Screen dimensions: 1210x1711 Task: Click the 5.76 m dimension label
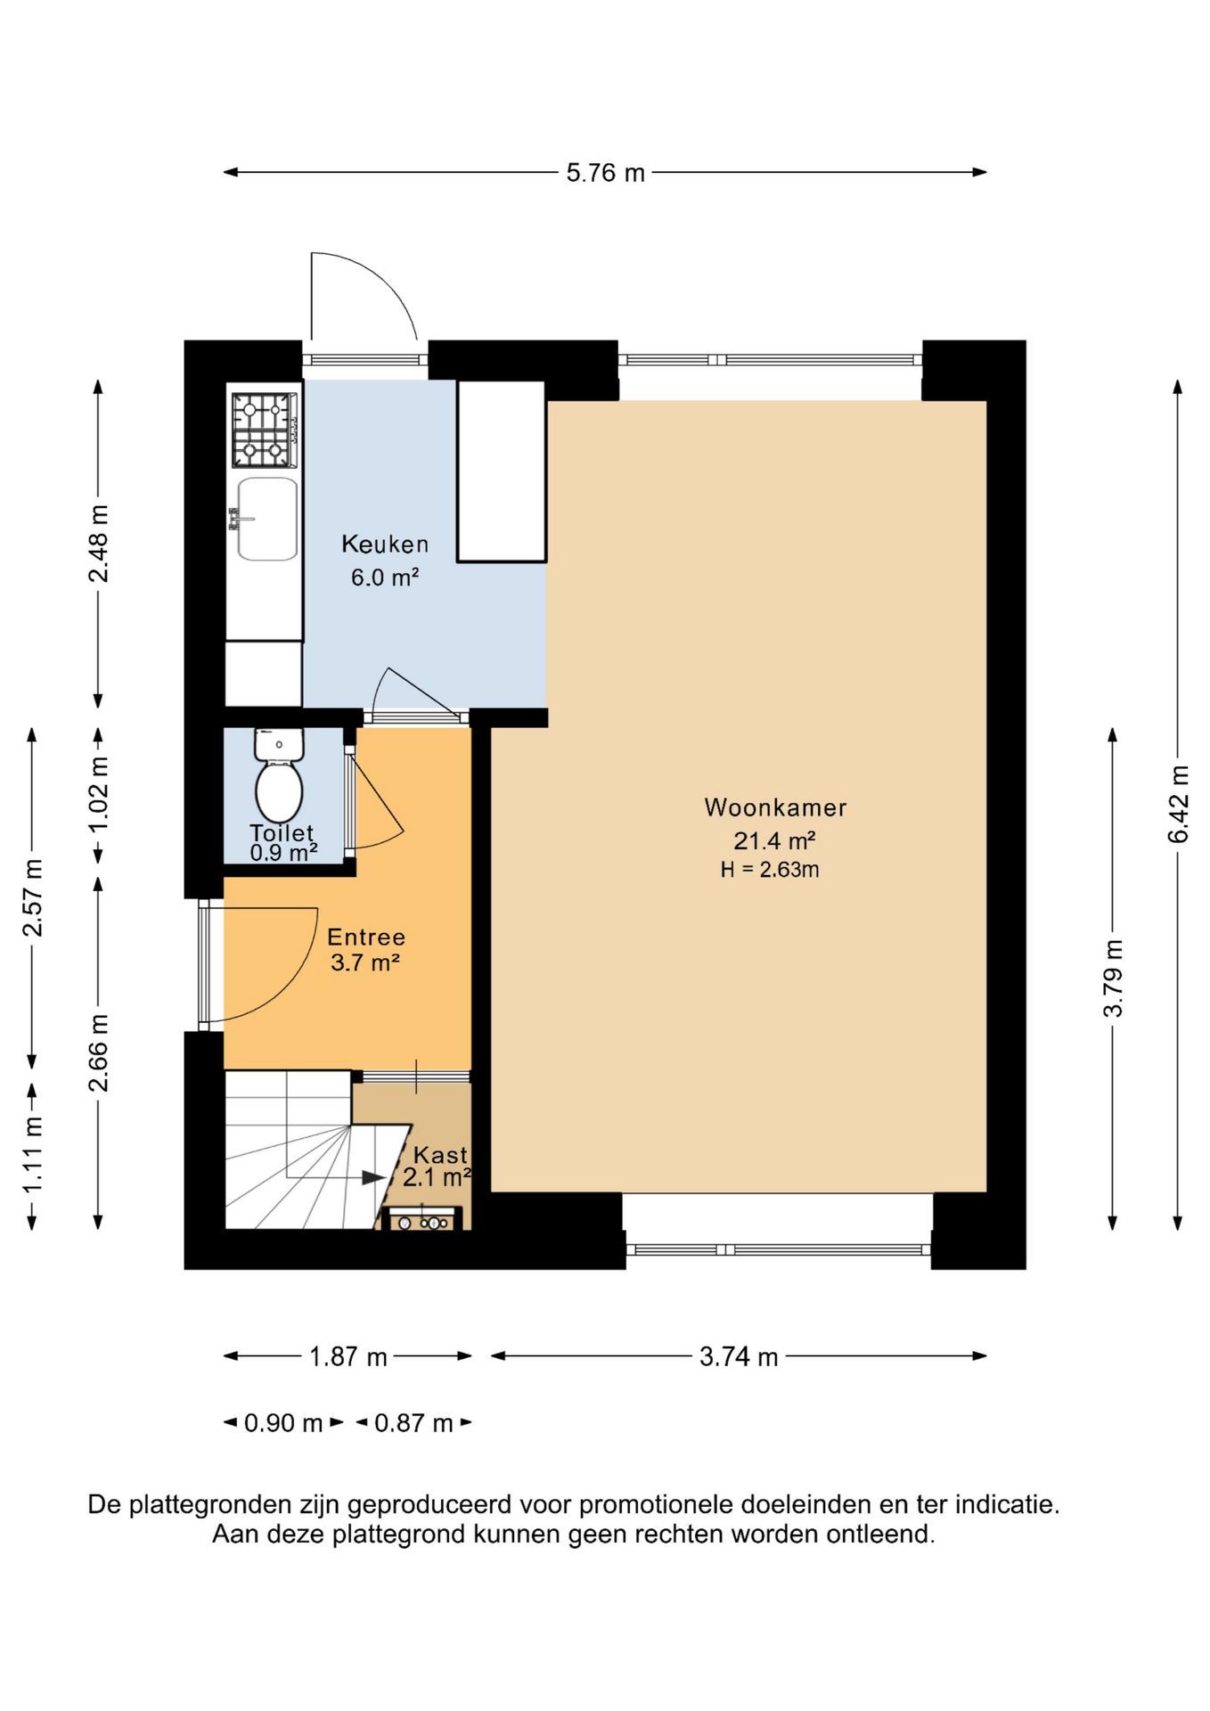[605, 173]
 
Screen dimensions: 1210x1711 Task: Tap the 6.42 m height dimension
[1178, 804]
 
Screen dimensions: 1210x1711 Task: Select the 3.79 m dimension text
[1113, 978]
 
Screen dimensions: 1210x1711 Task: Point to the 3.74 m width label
[739, 1356]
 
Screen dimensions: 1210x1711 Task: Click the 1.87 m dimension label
[348, 1356]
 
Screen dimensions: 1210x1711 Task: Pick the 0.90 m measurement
[283, 1422]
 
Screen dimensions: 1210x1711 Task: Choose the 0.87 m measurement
[413, 1422]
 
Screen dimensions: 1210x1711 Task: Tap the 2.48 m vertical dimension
[98, 544]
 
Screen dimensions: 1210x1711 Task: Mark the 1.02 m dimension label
[98, 795]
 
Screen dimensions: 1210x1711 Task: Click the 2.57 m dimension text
[33, 897]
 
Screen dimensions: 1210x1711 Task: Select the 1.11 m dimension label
[33, 1156]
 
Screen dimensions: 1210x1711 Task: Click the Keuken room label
[385, 544]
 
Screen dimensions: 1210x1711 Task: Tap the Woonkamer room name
[775, 807]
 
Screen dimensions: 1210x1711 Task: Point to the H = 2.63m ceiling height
[770, 870]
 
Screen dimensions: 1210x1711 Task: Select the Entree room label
[366, 937]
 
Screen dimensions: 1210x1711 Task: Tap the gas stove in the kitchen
[265, 430]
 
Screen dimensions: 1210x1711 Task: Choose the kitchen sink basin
[267, 519]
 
